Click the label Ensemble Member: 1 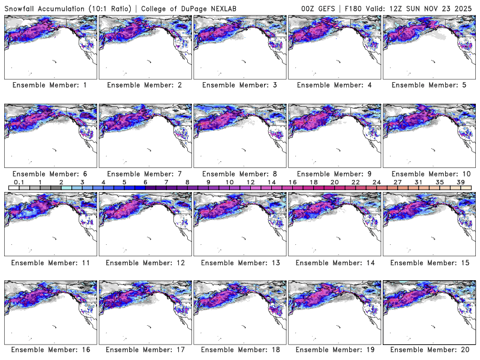[50, 85]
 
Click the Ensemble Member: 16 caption [50, 350]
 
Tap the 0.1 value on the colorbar [19, 182]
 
